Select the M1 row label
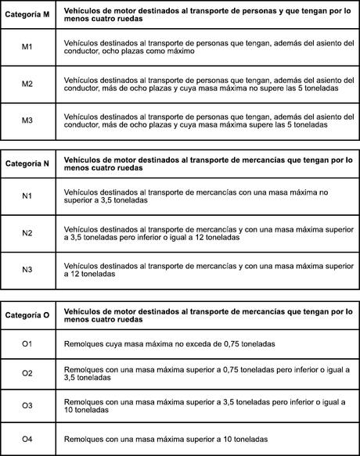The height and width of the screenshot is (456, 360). coord(27,48)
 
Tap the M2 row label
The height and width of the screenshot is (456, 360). coord(27,84)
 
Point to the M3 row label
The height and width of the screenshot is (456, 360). coord(27,119)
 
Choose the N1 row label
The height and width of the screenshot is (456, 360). coord(27,195)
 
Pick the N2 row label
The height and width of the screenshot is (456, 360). coord(27,232)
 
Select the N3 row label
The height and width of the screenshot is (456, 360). coord(27,270)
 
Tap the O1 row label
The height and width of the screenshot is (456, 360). coord(27,344)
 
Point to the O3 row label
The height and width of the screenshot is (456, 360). coord(27,406)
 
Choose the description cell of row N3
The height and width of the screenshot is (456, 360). coord(207,270)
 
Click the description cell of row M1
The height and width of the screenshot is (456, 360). coord(207,48)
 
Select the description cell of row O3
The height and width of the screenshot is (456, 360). coord(207,406)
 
